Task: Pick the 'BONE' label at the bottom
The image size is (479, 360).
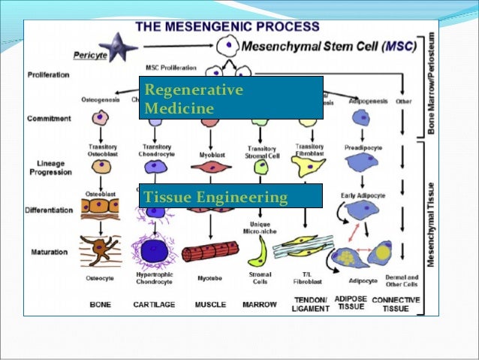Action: click(101, 305)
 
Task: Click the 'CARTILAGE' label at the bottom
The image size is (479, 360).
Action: click(155, 305)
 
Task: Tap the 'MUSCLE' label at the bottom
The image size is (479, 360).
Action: click(209, 305)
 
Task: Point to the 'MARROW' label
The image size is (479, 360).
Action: click(260, 305)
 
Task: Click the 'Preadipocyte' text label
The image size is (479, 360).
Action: click(363, 148)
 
